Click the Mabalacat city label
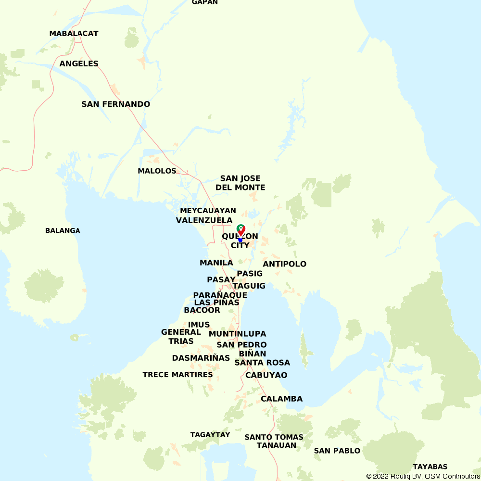74,34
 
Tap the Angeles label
79,63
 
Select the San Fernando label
115,104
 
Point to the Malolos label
157,171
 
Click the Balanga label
63,230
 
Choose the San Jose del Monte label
240,183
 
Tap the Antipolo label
284,264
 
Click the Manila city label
216,263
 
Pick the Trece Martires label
177,375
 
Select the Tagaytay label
210,435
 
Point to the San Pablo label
337,451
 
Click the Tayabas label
430,467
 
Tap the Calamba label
281,399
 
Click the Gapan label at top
205,2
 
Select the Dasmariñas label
201,358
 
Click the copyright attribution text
423,476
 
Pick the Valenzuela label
204,220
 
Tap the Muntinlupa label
237,334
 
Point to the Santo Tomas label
274,437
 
